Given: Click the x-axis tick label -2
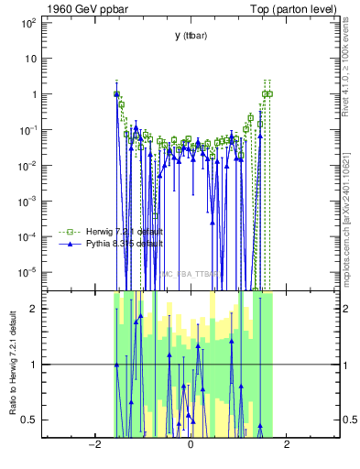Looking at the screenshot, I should coord(93,445).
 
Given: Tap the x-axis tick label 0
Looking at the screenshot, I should coord(190,445).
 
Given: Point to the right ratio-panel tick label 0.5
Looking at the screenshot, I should coord(349,420).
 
